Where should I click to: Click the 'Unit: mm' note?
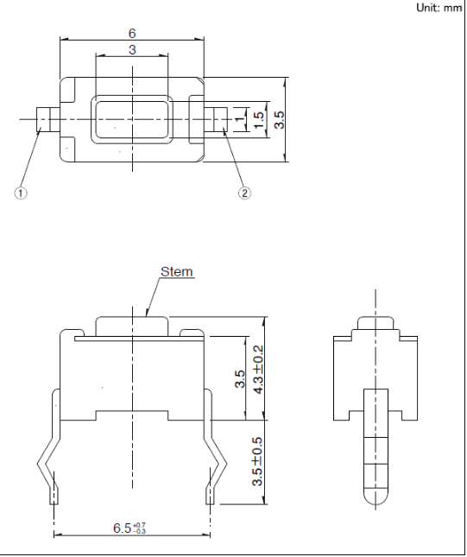(439, 8)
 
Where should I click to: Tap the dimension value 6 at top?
(132, 33)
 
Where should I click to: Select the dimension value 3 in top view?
(132, 49)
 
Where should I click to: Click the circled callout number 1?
(21, 193)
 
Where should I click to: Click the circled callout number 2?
(244, 193)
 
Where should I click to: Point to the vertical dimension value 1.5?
(259, 120)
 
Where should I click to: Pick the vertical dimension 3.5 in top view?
(280, 120)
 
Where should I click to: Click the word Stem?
(177, 272)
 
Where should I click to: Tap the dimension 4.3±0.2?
(258, 370)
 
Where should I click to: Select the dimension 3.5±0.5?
(257, 461)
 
